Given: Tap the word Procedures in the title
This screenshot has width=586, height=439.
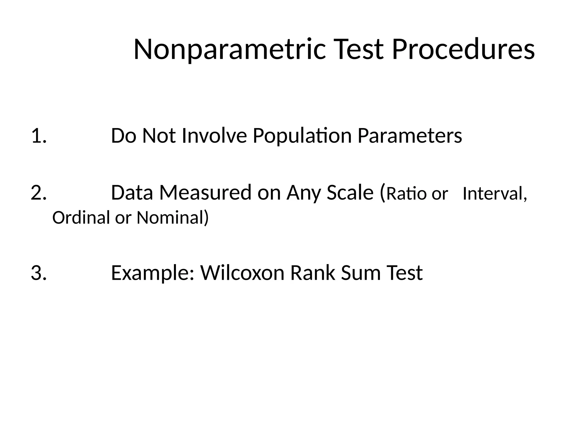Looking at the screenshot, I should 463,50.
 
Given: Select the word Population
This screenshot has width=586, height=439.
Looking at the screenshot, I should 302,136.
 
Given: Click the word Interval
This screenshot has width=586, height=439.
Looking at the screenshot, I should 494,194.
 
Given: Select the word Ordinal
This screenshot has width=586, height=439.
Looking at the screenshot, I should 81,218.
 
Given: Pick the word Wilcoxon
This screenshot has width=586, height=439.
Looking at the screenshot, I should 242,273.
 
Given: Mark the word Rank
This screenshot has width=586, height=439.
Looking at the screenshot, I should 312,273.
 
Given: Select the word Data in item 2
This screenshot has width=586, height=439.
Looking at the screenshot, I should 132,193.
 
